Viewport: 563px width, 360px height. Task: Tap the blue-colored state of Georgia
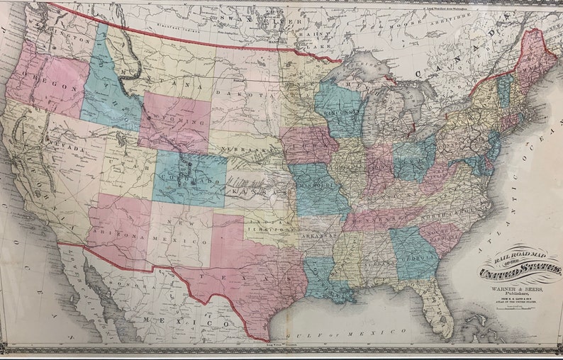(411, 254)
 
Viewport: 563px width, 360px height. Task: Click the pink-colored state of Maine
(536, 60)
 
